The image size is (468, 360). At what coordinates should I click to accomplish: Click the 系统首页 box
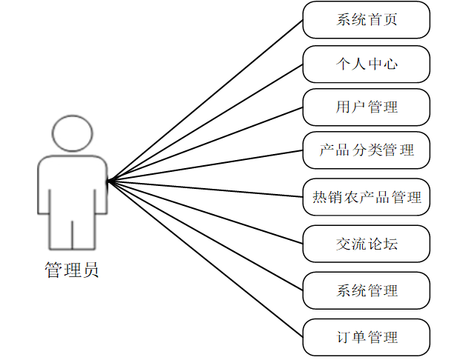point(367,19)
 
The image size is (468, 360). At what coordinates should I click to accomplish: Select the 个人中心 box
point(367,64)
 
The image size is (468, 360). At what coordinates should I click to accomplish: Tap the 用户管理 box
point(367,107)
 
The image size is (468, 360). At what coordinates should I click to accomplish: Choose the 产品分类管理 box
point(367,151)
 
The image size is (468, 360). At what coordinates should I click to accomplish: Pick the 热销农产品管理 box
point(367,197)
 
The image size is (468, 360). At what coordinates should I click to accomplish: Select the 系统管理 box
point(367,290)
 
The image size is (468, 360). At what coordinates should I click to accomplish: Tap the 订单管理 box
point(367,337)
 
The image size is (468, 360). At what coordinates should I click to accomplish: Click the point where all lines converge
point(107,180)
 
